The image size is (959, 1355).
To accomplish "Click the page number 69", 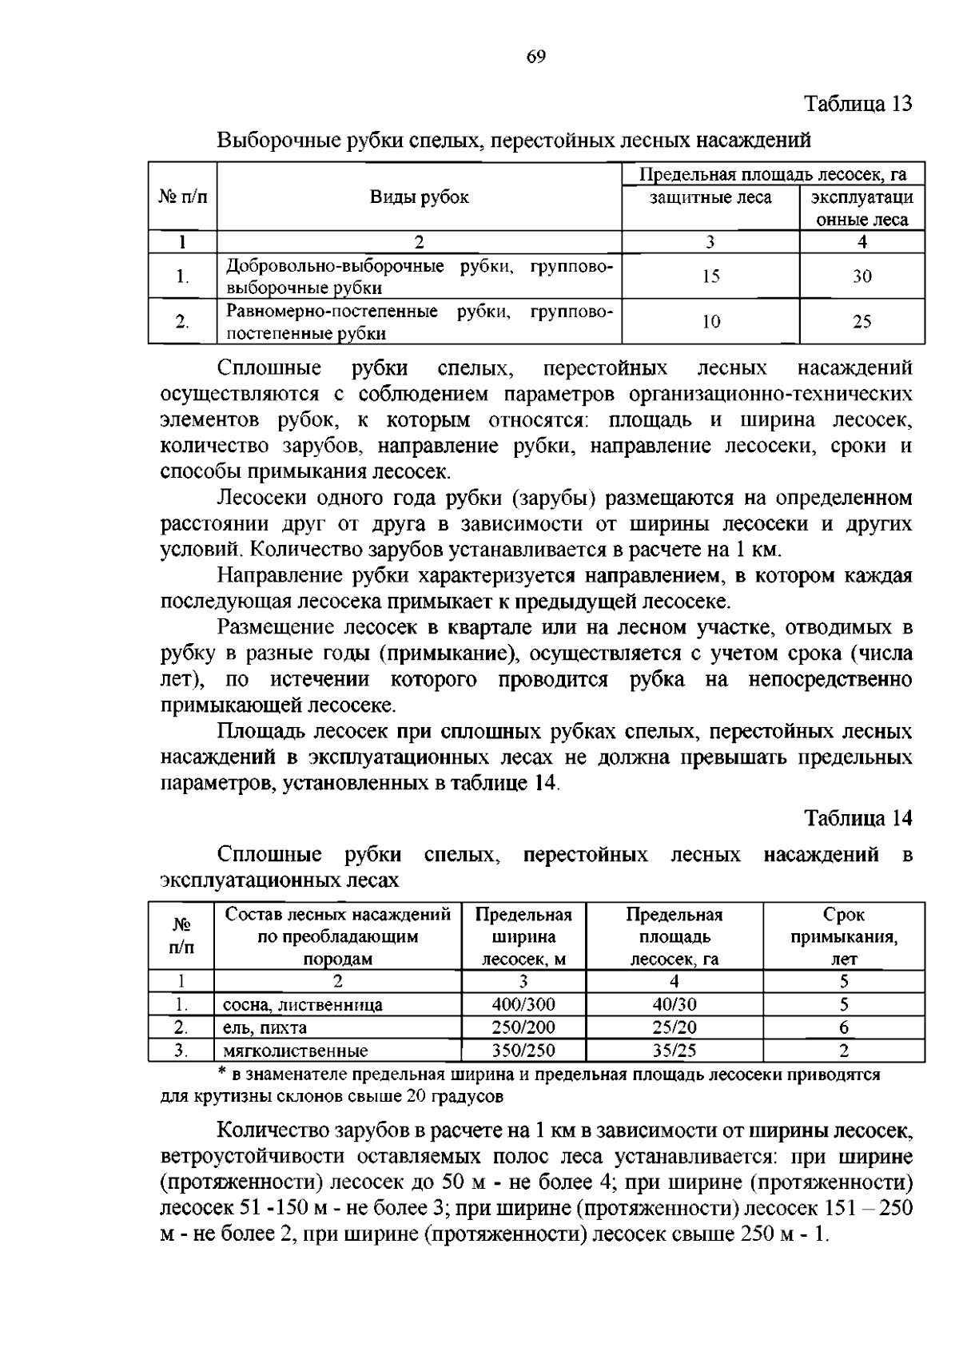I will [536, 56].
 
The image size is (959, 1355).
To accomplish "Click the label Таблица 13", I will [858, 104].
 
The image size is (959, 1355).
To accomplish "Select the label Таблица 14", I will [858, 818].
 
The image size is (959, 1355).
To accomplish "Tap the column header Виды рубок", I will [419, 197].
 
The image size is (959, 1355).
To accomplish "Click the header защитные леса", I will [710, 197].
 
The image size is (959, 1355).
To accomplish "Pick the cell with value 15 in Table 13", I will [710, 276].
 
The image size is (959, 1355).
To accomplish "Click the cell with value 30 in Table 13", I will [862, 276].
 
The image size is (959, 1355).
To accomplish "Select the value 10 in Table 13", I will [710, 322].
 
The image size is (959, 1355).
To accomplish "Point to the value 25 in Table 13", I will [862, 322].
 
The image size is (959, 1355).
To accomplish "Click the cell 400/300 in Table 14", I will [523, 1004].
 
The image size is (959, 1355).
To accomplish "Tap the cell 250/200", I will [523, 1027].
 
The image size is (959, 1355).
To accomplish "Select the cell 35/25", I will [674, 1051].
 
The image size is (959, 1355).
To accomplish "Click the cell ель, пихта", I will [265, 1028].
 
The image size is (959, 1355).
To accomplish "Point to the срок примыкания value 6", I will [843, 1027].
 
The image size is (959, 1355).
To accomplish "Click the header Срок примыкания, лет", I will [843, 936].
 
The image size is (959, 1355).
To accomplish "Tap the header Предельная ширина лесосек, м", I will [523, 936].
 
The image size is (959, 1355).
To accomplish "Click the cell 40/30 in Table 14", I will [674, 1004].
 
